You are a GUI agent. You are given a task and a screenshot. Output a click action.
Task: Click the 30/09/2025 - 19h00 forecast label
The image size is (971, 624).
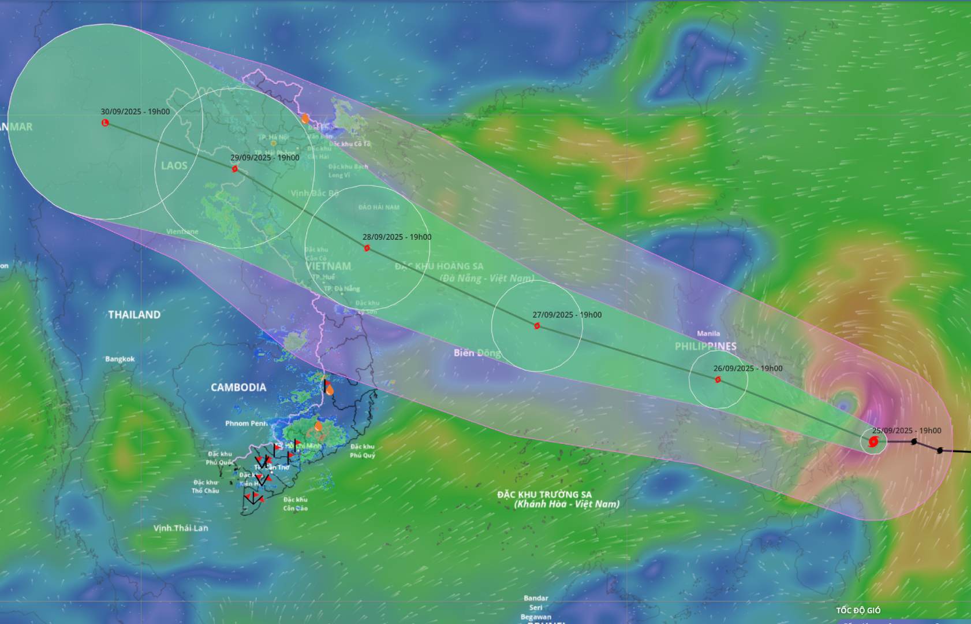click(135, 112)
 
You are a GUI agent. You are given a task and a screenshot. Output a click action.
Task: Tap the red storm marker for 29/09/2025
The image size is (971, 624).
click(235, 169)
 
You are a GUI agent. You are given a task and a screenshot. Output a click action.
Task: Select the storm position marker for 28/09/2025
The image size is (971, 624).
click(367, 248)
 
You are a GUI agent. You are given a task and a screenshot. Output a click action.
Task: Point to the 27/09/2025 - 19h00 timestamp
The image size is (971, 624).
click(567, 315)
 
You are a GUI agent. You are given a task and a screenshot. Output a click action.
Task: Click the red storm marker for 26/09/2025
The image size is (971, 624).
click(718, 380)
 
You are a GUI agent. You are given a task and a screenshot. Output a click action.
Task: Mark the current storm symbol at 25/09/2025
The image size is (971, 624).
click(873, 443)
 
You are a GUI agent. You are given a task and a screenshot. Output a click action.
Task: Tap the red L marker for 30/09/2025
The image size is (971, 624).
click(105, 122)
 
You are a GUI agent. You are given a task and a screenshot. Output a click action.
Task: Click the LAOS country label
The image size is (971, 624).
click(174, 166)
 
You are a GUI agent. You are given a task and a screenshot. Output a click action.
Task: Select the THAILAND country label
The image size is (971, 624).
click(134, 315)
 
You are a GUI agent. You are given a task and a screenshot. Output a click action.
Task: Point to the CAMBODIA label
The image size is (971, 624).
click(238, 388)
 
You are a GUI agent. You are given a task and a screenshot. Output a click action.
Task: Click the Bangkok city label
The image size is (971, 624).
click(120, 359)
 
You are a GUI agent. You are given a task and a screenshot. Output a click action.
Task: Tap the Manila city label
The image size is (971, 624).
click(708, 333)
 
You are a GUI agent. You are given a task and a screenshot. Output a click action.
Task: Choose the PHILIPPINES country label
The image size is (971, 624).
click(705, 346)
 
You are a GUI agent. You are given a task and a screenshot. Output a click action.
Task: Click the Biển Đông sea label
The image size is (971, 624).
click(477, 352)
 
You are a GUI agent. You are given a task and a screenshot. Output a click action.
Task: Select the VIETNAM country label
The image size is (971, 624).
click(328, 266)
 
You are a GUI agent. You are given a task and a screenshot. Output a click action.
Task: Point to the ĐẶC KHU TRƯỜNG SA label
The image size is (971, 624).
click(544, 495)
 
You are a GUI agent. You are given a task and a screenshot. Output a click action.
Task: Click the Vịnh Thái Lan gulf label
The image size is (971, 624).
click(181, 528)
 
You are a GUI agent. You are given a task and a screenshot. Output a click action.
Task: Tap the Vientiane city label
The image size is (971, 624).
click(182, 232)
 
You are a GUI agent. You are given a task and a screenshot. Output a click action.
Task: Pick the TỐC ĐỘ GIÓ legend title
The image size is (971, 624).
click(858, 610)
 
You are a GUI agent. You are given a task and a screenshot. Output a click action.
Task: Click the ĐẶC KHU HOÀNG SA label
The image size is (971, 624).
click(439, 266)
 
